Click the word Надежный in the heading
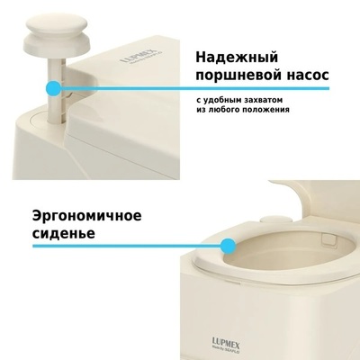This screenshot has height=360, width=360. coord(237,58)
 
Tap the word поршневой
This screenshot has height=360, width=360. coord(237,75)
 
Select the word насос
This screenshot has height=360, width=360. coord(307,76)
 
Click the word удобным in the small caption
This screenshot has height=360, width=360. coord(218,100)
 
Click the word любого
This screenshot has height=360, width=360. coord(223,110)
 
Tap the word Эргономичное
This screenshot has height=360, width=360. coord(86,216)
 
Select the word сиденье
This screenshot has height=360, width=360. coord(63,233)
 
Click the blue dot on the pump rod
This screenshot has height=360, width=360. coord(54,88)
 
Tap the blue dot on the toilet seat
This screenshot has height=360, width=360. coord(228,247)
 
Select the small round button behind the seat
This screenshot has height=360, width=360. coord(276,219)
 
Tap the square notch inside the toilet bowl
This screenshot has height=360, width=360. coord(328,238)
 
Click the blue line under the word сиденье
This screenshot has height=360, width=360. coord(127,247)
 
